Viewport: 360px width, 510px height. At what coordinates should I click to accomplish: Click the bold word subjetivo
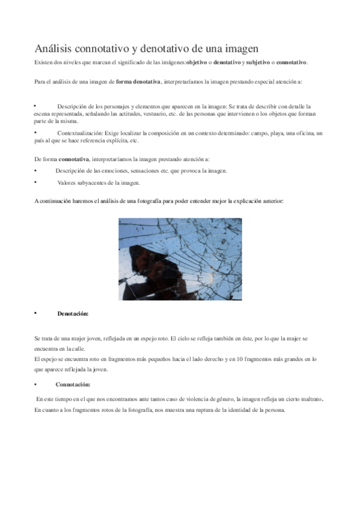pyautogui.click(x=260, y=63)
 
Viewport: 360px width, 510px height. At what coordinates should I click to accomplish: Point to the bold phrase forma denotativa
pyautogui.click(x=138, y=81)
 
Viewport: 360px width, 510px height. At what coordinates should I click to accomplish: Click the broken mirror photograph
pyautogui.click(x=180, y=259)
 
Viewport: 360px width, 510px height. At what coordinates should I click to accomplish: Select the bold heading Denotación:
pyautogui.click(x=73, y=313)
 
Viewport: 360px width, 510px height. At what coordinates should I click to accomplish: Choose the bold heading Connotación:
pyautogui.click(x=73, y=384)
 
